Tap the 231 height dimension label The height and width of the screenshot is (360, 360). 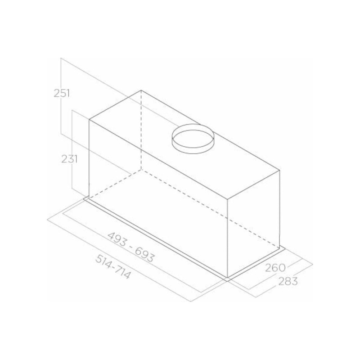[70, 159]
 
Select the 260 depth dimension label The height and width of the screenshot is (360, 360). [275, 267]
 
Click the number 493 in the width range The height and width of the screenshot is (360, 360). [117, 239]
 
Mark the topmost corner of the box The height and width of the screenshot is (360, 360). [141, 90]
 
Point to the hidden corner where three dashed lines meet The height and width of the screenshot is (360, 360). [141, 170]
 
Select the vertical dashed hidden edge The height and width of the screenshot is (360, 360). [141, 130]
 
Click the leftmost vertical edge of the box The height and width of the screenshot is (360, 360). [89, 157]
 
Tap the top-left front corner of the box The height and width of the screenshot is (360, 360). [89, 119]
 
